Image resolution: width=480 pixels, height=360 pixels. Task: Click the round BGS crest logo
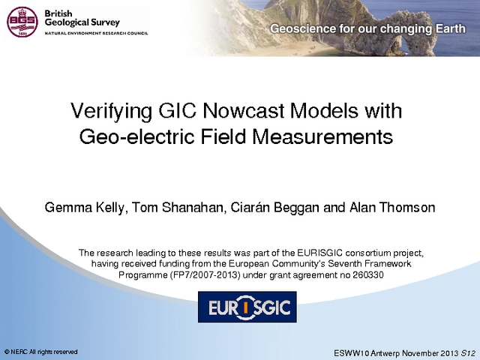(x=22, y=22)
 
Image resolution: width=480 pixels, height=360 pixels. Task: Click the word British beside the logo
(x=58, y=13)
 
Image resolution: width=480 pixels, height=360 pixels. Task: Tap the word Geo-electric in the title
(x=137, y=136)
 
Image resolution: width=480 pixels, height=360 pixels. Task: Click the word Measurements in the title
(x=322, y=136)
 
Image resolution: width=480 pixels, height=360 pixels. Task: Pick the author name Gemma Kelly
(x=85, y=208)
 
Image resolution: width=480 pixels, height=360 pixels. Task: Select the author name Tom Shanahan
(x=178, y=208)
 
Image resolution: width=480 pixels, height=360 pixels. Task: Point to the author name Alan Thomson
(x=392, y=207)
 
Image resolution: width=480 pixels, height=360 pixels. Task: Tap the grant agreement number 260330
(x=368, y=275)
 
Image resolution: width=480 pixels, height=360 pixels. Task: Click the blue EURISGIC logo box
(x=247, y=307)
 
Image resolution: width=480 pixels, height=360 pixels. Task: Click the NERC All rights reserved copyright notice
(x=40, y=352)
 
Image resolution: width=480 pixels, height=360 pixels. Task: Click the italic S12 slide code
(x=469, y=352)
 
